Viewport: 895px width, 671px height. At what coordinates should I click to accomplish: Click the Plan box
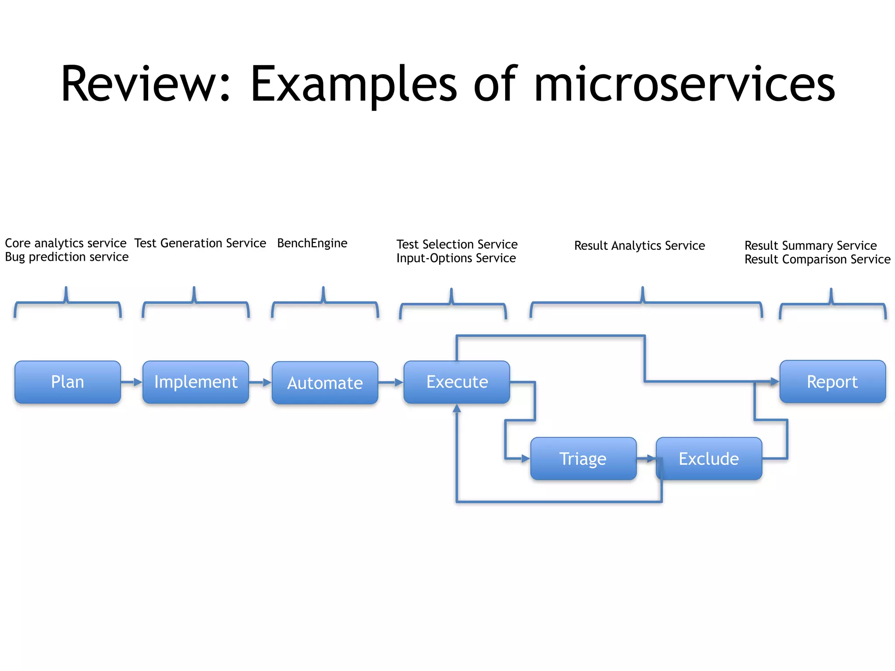(67, 382)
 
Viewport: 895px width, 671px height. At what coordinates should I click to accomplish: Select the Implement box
(196, 382)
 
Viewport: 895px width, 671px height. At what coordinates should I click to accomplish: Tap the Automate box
(325, 383)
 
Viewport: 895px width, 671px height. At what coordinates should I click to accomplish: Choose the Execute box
(457, 382)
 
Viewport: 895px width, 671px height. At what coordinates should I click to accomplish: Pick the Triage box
(583, 459)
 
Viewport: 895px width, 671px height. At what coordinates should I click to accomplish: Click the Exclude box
(709, 459)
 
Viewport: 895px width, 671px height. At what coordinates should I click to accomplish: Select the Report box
(833, 381)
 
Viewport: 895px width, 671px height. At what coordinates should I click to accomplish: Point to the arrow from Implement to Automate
(260, 383)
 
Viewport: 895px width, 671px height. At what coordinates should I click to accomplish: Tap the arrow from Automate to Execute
(391, 383)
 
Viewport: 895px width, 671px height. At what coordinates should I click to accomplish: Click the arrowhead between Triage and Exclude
(651, 459)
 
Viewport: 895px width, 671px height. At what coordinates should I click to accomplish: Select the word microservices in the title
(684, 84)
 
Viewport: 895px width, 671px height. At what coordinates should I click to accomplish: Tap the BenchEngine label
(312, 243)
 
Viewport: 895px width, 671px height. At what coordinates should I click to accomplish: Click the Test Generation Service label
(200, 243)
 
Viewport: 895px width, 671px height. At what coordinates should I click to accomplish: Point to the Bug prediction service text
(66, 257)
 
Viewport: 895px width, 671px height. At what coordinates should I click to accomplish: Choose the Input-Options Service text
(456, 258)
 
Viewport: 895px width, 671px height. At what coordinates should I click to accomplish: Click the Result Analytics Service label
(639, 246)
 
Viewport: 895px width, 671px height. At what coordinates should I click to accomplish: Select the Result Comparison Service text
(817, 259)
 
